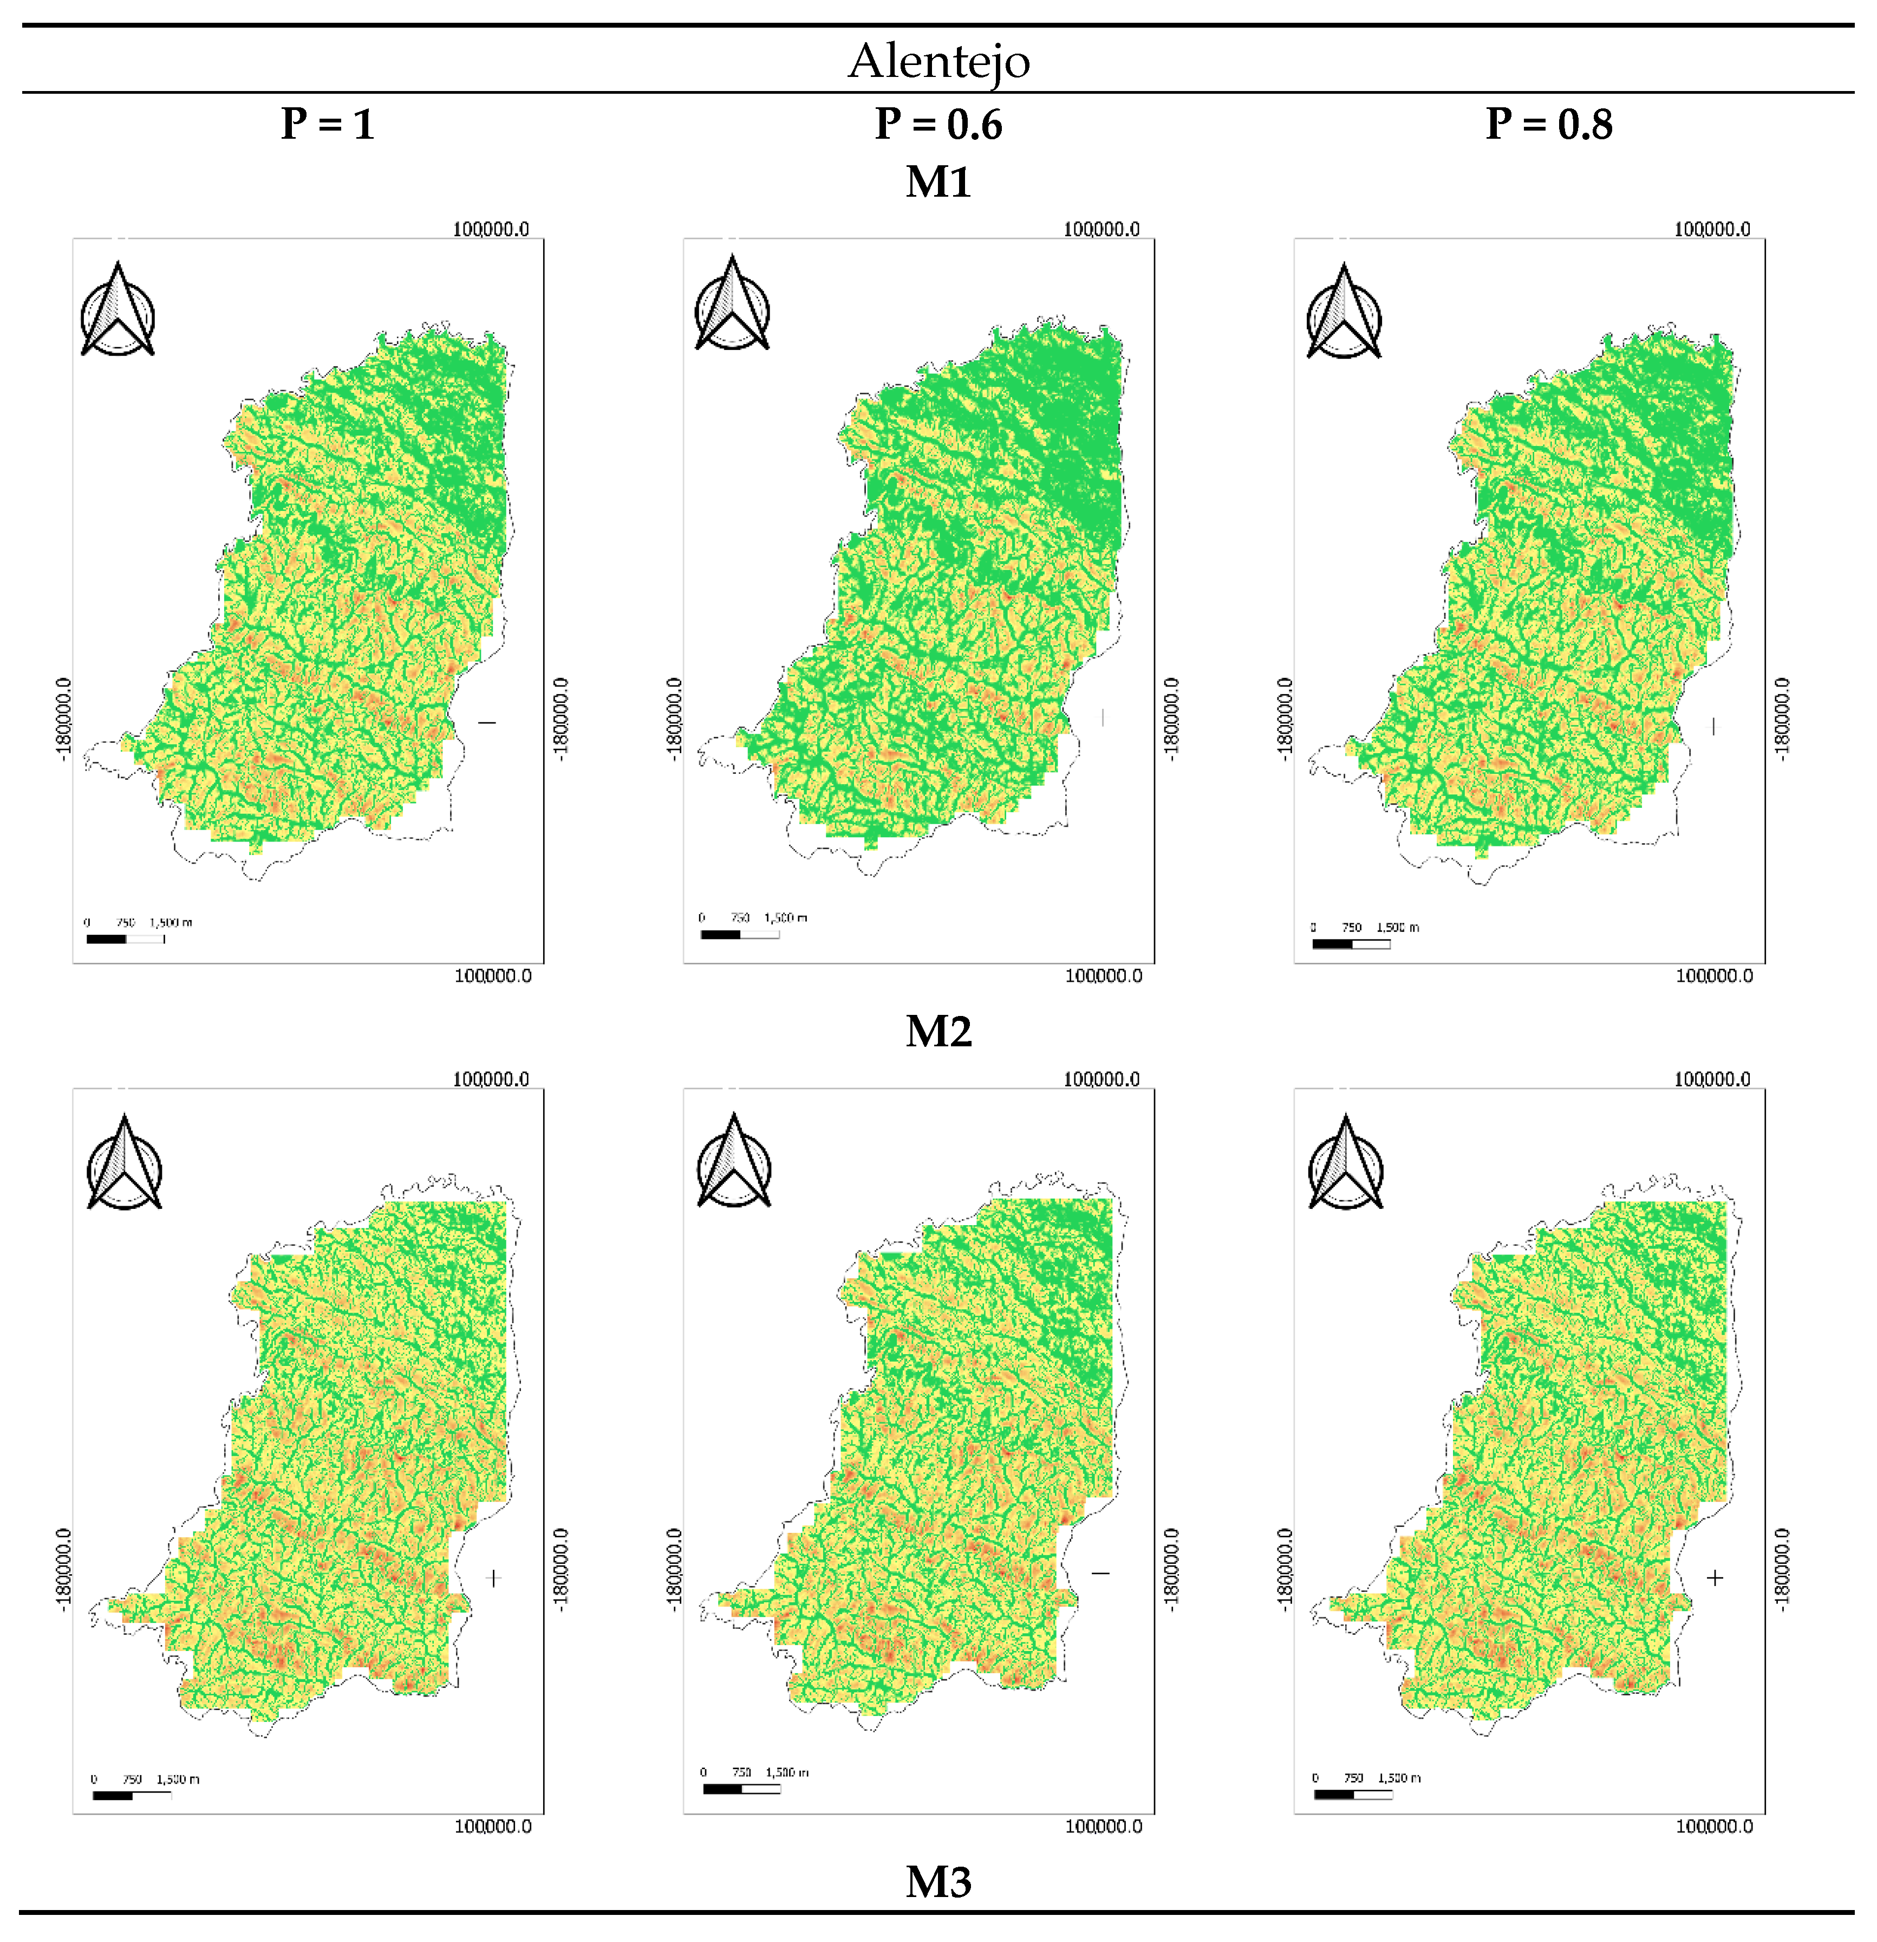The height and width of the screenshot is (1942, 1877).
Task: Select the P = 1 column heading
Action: click(x=328, y=125)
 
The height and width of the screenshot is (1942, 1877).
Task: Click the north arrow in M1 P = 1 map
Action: click(x=118, y=310)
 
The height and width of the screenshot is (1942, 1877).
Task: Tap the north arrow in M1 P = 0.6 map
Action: click(x=732, y=304)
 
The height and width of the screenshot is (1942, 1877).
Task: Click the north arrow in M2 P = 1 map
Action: click(x=124, y=1162)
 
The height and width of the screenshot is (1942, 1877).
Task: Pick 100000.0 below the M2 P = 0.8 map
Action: click(x=1713, y=1826)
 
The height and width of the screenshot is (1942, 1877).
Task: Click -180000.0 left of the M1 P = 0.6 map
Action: click(x=675, y=718)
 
